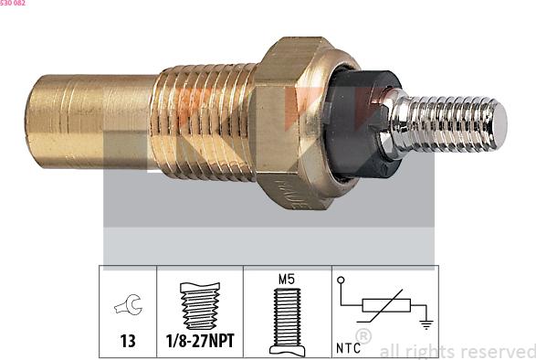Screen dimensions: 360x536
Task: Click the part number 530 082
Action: click(13, 4)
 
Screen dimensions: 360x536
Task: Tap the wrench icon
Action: click(128, 308)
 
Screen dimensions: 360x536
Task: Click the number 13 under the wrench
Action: click(128, 341)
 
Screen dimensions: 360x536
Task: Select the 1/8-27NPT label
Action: click(199, 341)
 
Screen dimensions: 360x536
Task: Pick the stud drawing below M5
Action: click(285, 319)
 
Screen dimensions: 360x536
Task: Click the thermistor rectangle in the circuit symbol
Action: click(388, 308)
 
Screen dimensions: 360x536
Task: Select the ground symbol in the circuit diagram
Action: click(425, 323)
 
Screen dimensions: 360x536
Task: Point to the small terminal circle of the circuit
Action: click(342, 280)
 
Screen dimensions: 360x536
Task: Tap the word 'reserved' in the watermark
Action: click(495, 351)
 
